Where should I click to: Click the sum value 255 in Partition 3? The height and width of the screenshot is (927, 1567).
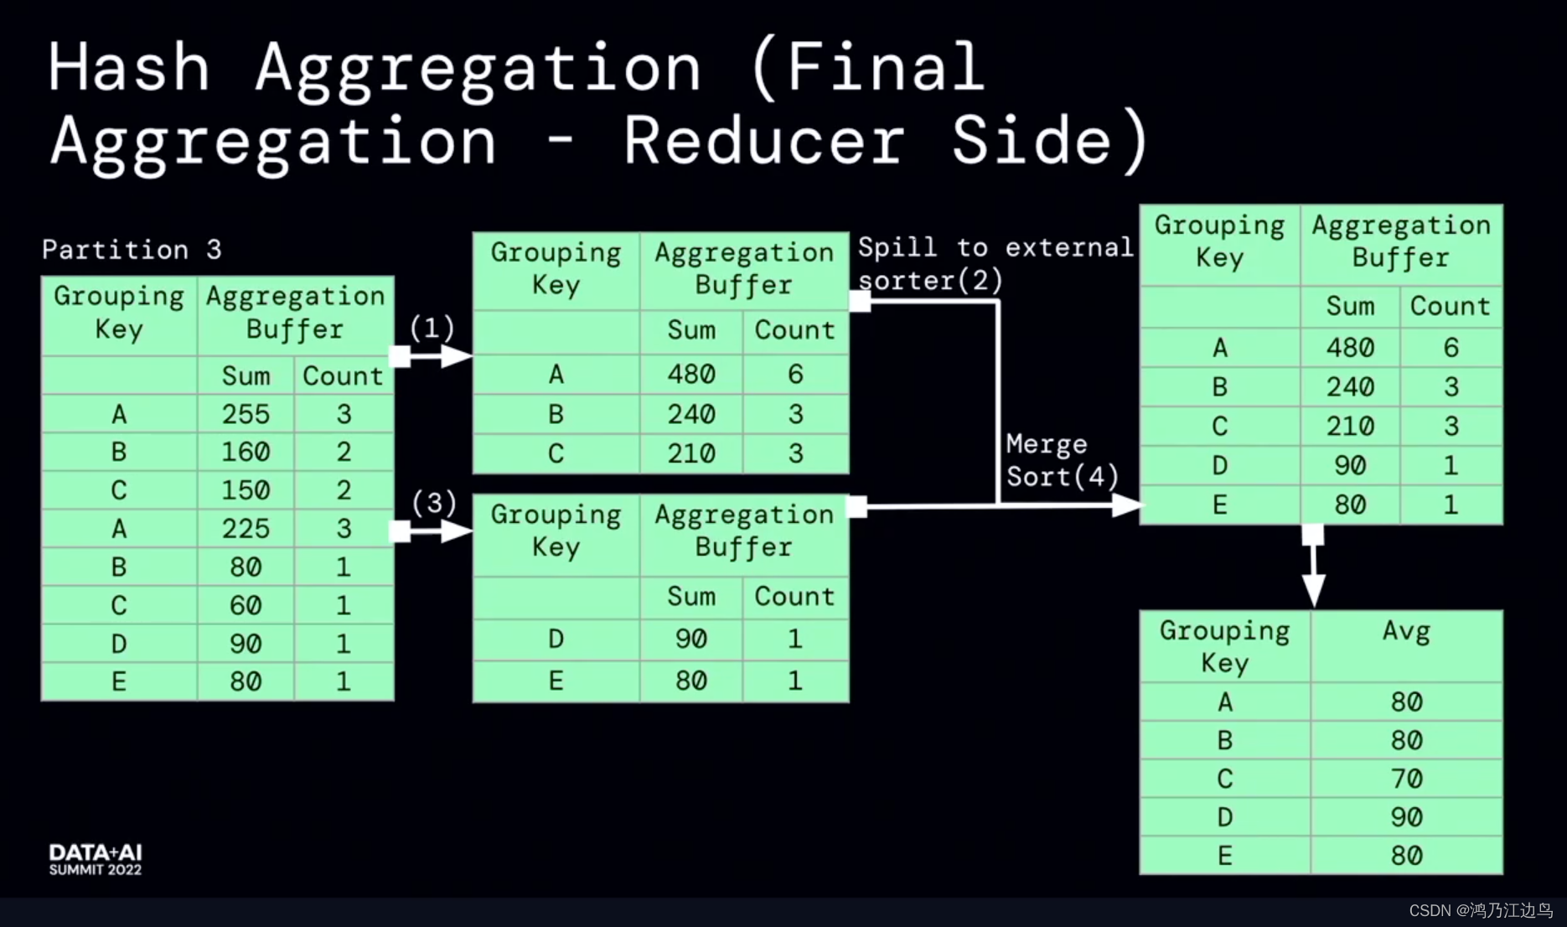(246, 414)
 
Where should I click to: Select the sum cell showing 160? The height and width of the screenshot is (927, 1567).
(246, 453)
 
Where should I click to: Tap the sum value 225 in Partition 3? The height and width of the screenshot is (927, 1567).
(246, 529)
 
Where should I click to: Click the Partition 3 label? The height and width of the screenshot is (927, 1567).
(132, 250)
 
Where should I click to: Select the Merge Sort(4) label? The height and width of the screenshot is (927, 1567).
(1061, 460)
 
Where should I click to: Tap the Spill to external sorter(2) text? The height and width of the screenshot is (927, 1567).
(994, 263)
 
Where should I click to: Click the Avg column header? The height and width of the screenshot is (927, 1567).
(1406, 632)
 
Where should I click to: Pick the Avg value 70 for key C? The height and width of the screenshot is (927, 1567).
(1406, 779)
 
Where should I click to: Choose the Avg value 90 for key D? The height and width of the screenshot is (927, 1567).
(1406, 817)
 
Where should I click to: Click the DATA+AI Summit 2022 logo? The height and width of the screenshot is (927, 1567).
(96, 860)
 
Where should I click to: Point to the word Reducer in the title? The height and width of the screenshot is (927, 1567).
(763, 141)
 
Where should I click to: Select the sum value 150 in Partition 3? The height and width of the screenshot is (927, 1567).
(246, 490)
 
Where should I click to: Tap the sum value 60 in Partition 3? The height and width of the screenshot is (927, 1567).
(246, 605)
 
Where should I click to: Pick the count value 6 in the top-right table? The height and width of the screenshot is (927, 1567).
(1451, 348)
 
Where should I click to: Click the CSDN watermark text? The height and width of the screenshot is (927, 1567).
(1480, 911)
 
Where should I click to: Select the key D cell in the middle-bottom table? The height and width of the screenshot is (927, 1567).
(556, 640)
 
